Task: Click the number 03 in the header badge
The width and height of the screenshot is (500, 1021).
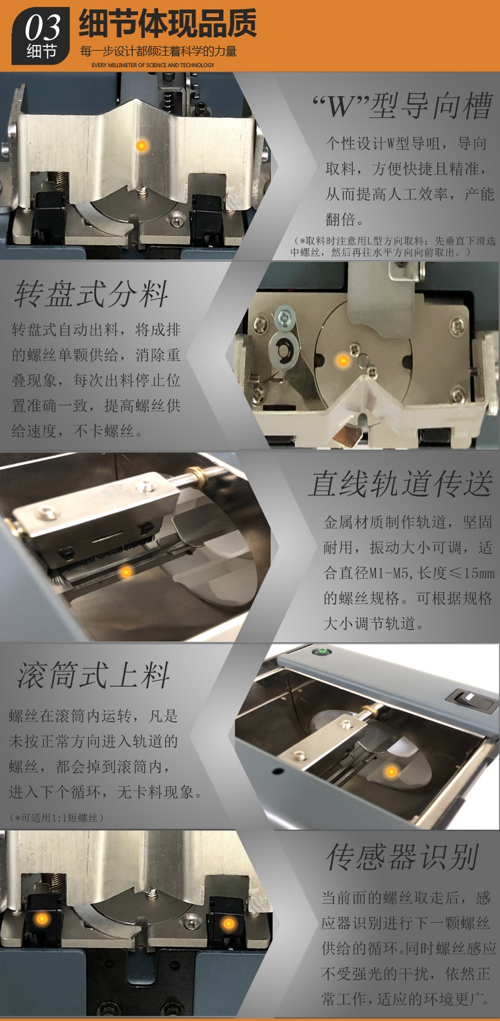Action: pos(42,27)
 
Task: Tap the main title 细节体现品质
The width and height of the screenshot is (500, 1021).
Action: pos(168,23)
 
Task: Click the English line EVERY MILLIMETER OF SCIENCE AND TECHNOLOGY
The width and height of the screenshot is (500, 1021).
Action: pos(153,65)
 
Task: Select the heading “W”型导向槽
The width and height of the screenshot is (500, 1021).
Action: pos(403,105)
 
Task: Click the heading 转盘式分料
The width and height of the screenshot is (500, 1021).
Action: pos(92,293)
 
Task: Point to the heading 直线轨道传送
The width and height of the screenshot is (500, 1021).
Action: pos(401,483)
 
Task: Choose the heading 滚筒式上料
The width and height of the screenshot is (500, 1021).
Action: pos(93,675)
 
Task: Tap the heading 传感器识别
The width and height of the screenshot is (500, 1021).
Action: pos(403,858)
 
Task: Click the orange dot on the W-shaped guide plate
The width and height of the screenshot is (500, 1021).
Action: pos(142,146)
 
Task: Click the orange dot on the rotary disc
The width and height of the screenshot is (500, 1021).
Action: pos(342,360)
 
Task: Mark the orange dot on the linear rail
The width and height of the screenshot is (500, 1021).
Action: pos(126,571)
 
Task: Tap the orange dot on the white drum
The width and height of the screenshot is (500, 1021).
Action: pos(391,771)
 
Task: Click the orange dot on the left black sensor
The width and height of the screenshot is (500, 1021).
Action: pos(42,918)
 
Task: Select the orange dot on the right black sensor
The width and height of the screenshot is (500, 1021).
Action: pos(228,923)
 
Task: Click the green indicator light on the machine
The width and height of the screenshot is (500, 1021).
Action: pos(322,651)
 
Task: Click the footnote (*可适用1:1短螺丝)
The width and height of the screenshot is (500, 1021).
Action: pos(56,818)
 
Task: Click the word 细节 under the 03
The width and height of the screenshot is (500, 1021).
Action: pos(41,51)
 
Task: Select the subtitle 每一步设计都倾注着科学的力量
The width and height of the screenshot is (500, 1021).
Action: pos(158,51)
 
